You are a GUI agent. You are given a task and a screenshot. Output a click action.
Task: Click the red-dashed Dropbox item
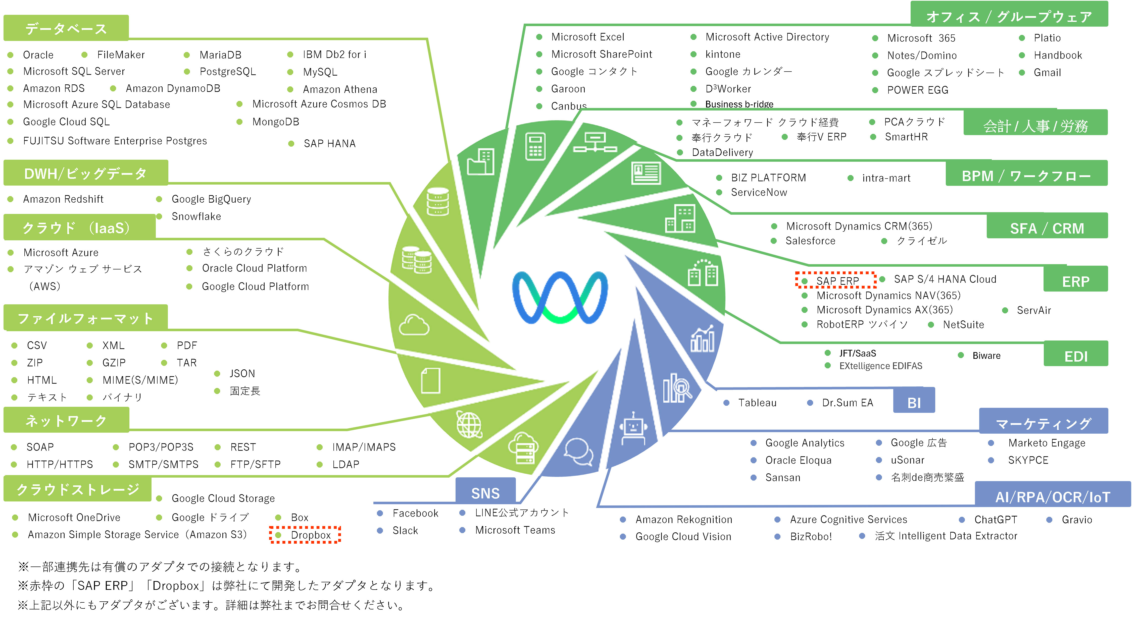[311, 535]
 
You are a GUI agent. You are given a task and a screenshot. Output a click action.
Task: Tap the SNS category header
[485, 493]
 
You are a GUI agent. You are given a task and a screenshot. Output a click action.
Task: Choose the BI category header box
[914, 402]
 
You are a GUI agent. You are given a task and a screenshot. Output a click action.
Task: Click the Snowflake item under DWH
[196, 216]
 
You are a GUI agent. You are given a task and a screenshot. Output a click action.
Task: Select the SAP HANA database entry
[329, 144]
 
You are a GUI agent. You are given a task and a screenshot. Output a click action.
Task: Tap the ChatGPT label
[995, 520]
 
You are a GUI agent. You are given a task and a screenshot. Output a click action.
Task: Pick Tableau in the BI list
[757, 403]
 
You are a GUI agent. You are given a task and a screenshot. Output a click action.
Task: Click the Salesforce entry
[810, 241]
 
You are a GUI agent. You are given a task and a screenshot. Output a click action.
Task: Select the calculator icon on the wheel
[535, 146]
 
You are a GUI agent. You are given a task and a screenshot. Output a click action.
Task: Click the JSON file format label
[242, 374]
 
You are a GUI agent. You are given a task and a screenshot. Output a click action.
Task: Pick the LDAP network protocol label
[346, 464]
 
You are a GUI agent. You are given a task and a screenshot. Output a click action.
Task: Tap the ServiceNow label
[759, 192]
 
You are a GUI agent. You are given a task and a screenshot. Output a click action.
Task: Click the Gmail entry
[1047, 73]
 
